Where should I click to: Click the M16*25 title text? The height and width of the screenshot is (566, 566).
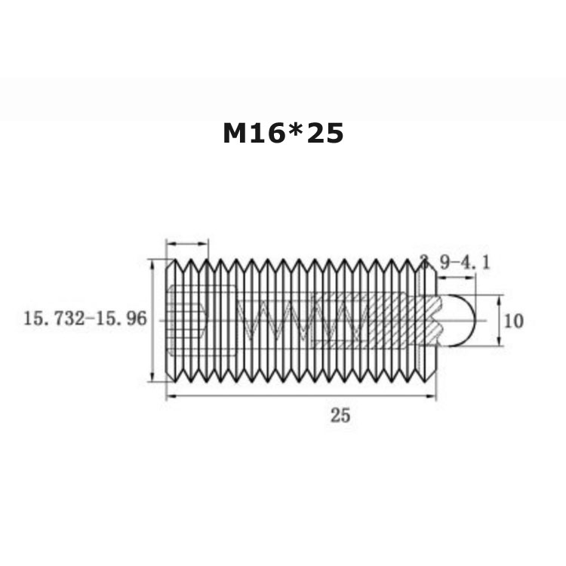coord(283,133)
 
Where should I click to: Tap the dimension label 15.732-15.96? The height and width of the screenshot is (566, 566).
coord(85,318)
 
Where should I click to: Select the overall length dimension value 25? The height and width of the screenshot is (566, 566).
coord(340,416)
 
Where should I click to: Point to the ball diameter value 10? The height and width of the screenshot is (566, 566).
coord(513,321)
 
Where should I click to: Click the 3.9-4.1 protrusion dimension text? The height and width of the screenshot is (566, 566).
coord(456,263)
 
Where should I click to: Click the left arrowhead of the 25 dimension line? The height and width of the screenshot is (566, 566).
coord(171,396)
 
